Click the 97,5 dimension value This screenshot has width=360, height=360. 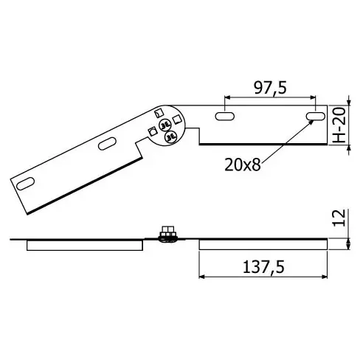[270, 88]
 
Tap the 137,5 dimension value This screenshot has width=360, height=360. [263, 267]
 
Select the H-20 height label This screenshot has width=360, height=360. [340, 125]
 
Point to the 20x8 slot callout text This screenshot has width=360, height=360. [243, 165]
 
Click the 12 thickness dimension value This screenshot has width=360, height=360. [339, 218]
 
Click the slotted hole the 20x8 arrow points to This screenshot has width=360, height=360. [316, 117]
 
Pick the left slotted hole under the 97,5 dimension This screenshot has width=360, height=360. [224, 117]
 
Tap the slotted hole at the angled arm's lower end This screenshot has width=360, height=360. [25, 184]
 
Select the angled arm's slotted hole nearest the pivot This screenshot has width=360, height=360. [107, 144]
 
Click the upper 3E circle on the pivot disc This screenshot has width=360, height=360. [165, 125]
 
